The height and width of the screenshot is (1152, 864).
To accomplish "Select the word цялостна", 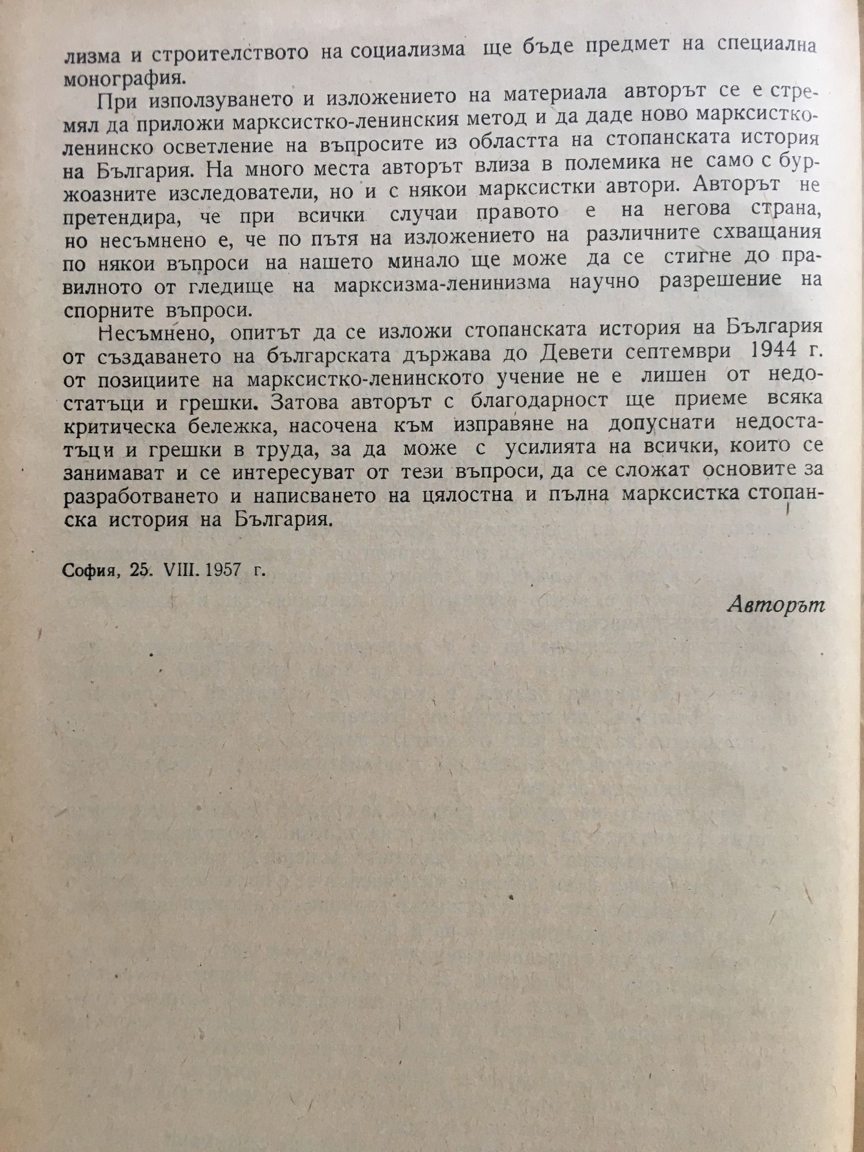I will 467,495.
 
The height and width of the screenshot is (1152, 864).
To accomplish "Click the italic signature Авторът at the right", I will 776,604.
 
